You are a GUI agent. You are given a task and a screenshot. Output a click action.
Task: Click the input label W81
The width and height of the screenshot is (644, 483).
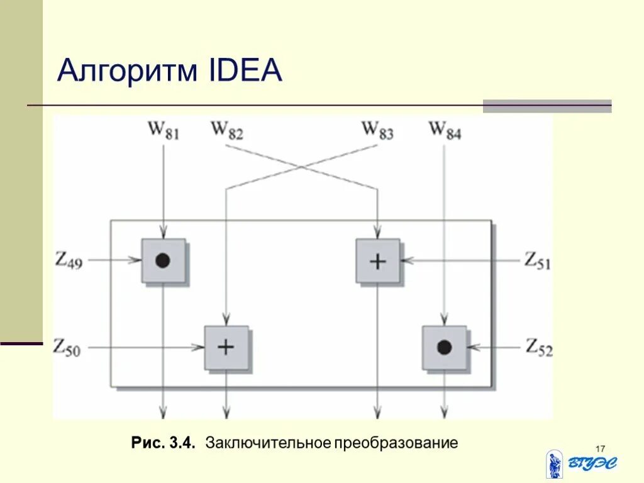click(x=164, y=131)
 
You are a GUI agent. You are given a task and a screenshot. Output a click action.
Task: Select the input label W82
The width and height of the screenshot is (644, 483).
click(x=226, y=131)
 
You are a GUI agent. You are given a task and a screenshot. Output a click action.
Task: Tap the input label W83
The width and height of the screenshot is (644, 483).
click(x=377, y=131)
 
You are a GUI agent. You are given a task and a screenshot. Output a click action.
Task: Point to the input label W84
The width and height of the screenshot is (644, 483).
click(x=445, y=131)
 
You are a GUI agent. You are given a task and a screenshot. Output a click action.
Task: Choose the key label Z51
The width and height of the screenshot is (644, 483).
click(x=538, y=260)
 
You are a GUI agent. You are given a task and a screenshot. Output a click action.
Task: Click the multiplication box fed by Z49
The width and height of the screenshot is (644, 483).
click(x=163, y=260)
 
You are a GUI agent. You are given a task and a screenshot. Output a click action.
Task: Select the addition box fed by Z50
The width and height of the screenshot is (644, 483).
click(x=226, y=347)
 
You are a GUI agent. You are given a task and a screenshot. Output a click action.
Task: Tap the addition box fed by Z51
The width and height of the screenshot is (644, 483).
click(x=377, y=260)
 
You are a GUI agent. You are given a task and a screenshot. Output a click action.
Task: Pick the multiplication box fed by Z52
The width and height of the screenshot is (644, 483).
click(x=445, y=347)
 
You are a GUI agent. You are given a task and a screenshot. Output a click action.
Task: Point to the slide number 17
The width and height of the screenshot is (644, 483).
click(x=599, y=448)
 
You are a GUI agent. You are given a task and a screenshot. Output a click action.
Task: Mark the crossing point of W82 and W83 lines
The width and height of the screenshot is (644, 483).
click(x=302, y=166)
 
